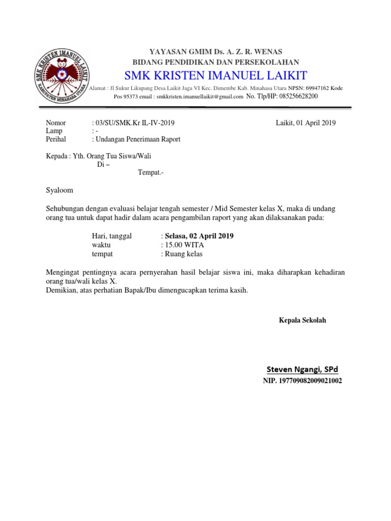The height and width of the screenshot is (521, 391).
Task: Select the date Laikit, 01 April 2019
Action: [305, 123]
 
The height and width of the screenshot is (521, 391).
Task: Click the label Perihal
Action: [56, 139]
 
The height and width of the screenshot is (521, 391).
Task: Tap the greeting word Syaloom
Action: [60, 190]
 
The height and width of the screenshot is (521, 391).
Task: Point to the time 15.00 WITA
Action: [180, 245]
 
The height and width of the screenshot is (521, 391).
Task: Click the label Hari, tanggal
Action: [111, 236]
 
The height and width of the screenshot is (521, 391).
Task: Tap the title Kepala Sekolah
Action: [302, 320]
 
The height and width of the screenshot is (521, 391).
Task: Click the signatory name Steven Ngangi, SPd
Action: [302, 368]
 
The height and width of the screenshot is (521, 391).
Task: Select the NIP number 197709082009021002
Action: [302, 381]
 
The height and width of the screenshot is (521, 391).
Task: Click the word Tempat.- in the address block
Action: [151, 172]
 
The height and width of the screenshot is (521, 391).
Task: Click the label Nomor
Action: [56, 123]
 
